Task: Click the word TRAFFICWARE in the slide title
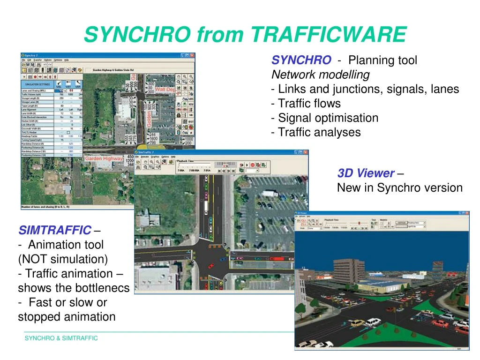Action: tap(329, 34)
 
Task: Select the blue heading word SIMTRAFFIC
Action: tap(55, 230)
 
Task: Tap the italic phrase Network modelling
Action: tap(321, 75)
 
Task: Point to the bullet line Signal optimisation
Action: tap(328, 118)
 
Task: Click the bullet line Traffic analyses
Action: tap(319, 132)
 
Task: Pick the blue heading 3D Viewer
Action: tap(366, 173)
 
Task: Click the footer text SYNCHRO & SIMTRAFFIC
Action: tap(61, 338)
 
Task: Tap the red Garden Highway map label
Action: tap(103, 159)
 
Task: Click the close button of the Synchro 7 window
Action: tap(192, 55)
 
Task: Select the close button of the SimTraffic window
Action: tap(305, 152)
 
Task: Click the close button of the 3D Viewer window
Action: tap(466, 213)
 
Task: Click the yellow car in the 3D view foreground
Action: tap(357, 323)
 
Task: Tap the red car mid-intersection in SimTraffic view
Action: tap(210, 265)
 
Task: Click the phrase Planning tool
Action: tap(382, 60)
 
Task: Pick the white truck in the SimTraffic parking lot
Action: tap(270, 193)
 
